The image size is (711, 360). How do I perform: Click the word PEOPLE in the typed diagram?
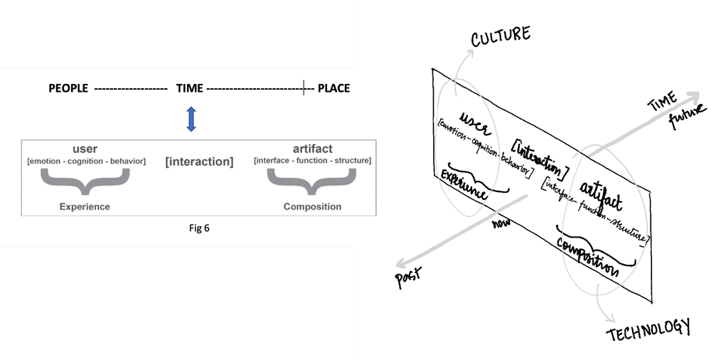point(68,89)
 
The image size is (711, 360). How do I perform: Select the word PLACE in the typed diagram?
point(333,89)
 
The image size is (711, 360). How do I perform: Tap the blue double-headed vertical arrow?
point(190,118)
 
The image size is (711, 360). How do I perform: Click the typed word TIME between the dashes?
point(190,89)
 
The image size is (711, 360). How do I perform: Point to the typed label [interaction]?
point(199,162)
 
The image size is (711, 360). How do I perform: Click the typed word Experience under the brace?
point(85,207)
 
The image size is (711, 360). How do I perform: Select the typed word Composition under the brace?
point(312,207)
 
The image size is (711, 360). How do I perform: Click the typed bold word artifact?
point(312,149)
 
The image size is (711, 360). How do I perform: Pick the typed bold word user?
point(85,149)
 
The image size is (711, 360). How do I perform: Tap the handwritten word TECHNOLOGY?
point(648,328)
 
